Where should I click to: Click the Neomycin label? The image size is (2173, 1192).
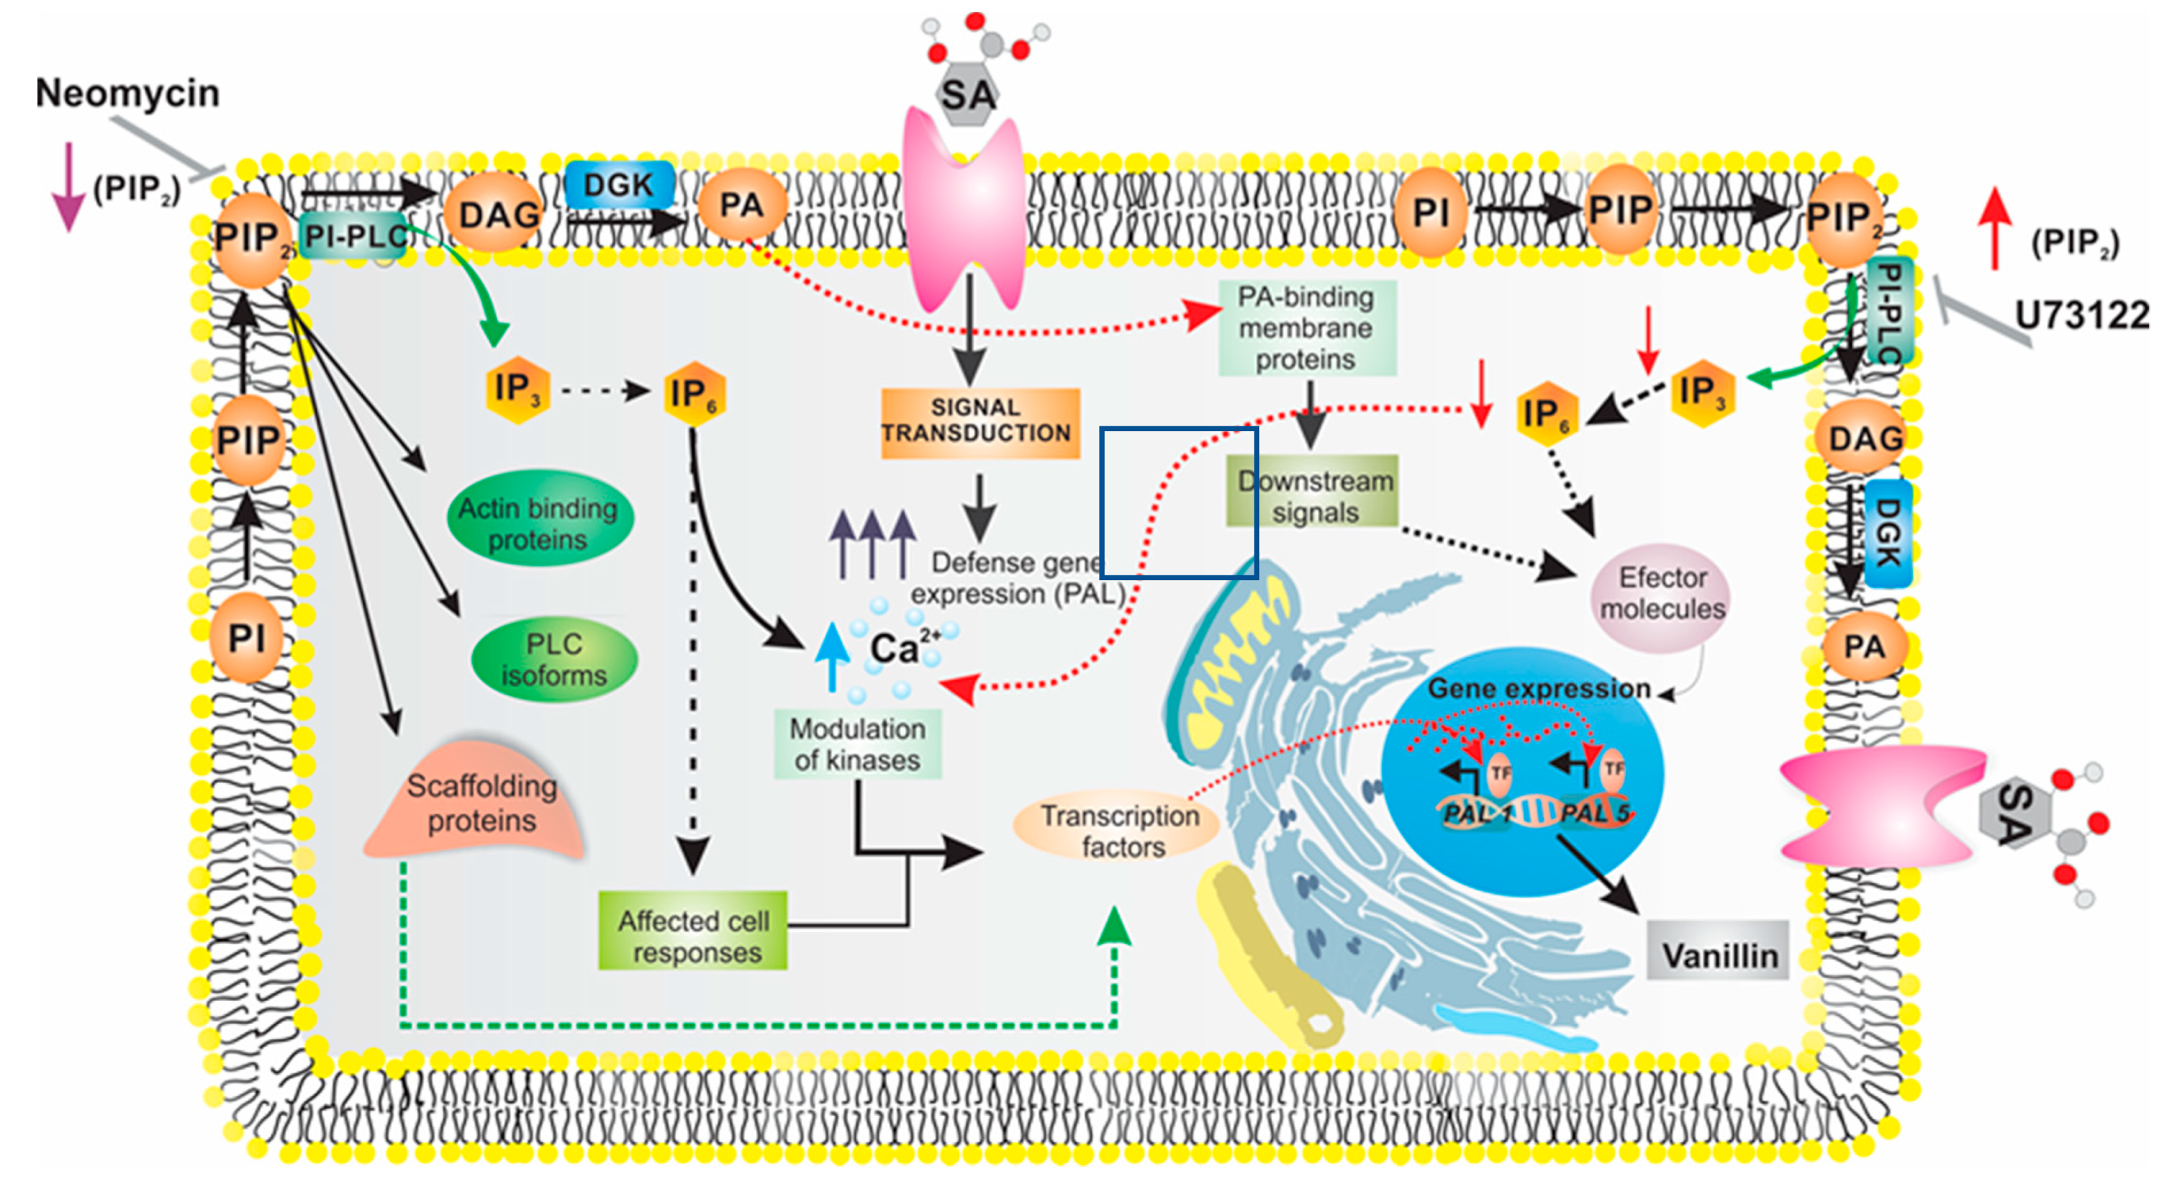(127, 94)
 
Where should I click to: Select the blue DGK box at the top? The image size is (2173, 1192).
(619, 185)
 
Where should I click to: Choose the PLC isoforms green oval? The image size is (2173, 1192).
(554, 660)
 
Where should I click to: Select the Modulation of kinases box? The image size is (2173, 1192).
(858, 744)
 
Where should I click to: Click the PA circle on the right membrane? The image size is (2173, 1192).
(1863, 646)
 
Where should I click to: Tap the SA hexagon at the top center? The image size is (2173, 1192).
(968, 94)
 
